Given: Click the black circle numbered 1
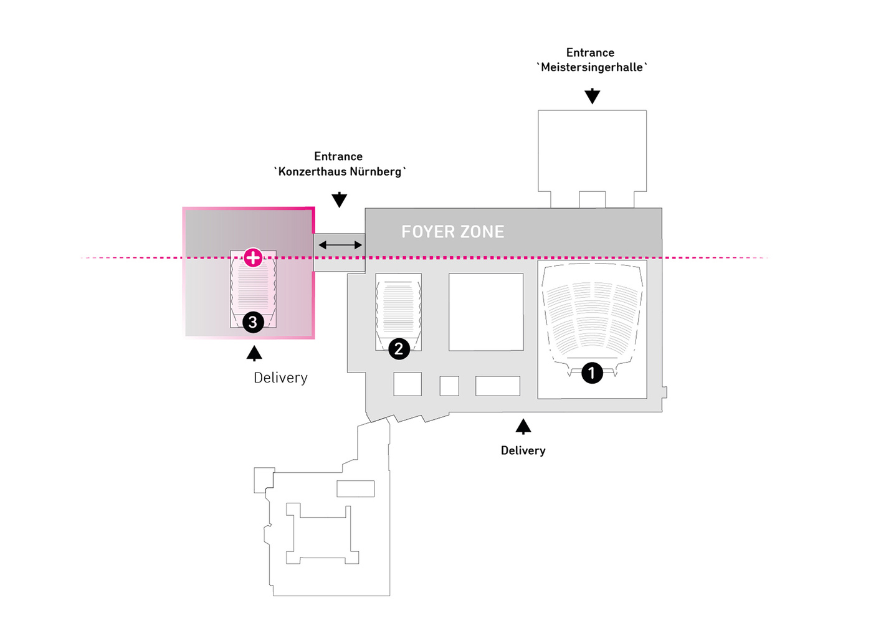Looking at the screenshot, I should point(592,373).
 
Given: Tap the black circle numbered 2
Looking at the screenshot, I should point(399,348).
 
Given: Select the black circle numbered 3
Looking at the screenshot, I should point(253,322).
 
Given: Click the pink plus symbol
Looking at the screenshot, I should point(253,257).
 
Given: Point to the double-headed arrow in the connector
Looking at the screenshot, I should point(340,245).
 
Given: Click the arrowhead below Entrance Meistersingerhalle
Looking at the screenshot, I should point(592,97).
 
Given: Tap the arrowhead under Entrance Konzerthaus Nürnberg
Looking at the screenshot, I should point(339,199).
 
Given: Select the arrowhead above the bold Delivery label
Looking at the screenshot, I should point(523,427).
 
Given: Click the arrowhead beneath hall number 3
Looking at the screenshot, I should point(254,354).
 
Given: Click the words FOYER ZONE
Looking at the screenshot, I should point(452,232).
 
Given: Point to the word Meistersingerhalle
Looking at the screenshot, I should point(592,67).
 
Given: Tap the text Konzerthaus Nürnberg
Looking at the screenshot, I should point(340,171).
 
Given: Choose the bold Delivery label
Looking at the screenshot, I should point(523,450).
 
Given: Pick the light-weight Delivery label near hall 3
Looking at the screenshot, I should point(280,378).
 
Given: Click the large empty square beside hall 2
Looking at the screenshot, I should point(486,311).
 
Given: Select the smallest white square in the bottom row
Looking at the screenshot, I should point(449,386).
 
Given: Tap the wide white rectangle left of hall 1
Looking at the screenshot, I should point(497,386).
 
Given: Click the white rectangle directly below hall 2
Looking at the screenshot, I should point(407,384).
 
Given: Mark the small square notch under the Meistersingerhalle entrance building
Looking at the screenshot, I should point(592,199).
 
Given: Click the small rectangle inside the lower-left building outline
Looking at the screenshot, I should point(355,488).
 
